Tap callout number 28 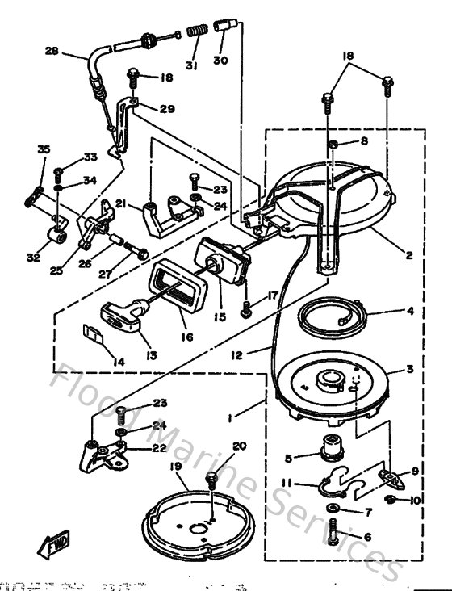click(51, 51)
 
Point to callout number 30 click(221, 61)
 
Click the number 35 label click(43, 149)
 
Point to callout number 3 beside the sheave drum click(409, 369)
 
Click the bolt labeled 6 click(333, 533)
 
